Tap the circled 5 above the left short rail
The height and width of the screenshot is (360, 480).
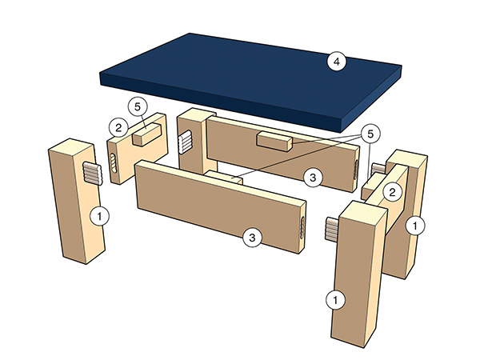(x=136, y=107)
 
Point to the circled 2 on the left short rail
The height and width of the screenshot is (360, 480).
(x=117, y=126)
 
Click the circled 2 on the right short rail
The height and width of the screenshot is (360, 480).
(x=393, y=192)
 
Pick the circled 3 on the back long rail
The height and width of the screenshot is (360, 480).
(x=315, y=177)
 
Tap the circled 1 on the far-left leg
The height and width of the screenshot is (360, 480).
(x=101, y=214)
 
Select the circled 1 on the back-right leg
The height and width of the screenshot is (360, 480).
(x=414, y=226)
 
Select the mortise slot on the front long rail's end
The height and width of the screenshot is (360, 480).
(x=300, y=228)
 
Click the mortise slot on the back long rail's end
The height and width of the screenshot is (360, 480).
(x=354, y=168)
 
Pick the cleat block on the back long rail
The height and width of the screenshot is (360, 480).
(x=274, y=142)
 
